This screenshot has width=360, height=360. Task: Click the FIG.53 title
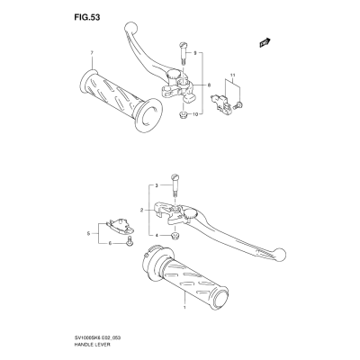click(87, 18)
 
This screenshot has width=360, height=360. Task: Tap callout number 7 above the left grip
click(92, 53)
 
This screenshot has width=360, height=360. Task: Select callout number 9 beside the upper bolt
click(194, 53)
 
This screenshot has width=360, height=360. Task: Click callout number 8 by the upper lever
click(209, 85)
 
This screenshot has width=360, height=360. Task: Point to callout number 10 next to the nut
click(195, 114)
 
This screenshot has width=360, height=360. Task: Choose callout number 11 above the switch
click(232, 75)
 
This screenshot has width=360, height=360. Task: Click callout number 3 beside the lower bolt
click(157, 185)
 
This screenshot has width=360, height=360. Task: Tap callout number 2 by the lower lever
click(141, 211)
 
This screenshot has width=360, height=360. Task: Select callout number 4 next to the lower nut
click(157, 235)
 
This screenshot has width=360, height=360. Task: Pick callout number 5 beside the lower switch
click(88, 233)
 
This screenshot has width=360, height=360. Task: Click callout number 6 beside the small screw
click(110, 243)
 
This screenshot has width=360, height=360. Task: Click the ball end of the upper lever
click(130, 28)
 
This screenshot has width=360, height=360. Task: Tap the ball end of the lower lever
click(280, 255)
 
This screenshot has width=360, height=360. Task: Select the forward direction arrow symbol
click(265, 42)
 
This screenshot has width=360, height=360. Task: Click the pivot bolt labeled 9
click(183, 53)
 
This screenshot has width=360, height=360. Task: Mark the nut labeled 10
click(182, 114)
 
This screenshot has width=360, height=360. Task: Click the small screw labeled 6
click(130, 241)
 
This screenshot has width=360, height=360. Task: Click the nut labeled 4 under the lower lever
click(175, 236)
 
